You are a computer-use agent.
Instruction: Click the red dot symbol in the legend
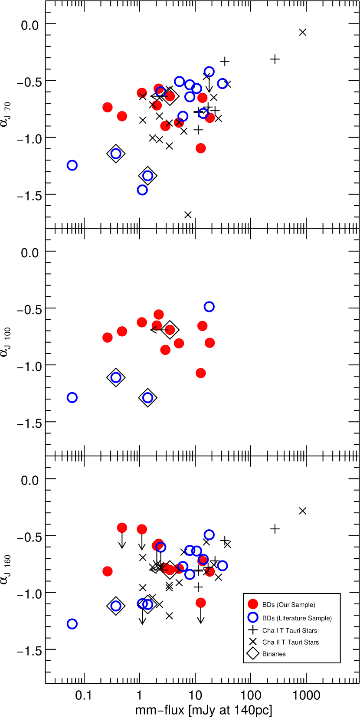(x=253, y=604)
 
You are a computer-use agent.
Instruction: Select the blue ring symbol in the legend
(x=253, y=617)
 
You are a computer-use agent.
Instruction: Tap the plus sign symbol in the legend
(x=253, y=630)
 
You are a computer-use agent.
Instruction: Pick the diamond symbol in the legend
(x=253, y=653)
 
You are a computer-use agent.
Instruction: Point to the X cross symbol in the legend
(x=253, y=642)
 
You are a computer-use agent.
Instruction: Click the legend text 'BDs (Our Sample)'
(x=288, y=605)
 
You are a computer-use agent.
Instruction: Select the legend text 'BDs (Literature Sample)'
(x=297, y=618)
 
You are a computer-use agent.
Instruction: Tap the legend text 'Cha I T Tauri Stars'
(x=289, y=631)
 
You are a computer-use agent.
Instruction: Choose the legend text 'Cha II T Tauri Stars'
(x=290, y=643)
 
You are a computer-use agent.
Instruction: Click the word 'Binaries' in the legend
(x=274, y=654)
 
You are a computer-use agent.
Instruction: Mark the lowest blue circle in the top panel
(x=142, y=190)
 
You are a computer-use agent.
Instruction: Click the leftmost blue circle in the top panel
(x=72, y=165)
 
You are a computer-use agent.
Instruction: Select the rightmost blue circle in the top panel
(x=222, y=83)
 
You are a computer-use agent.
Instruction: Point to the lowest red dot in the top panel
(x=200, y=148)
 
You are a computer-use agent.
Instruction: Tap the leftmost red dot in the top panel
(x=108, y=107)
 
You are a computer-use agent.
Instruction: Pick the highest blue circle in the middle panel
(x=209, y=307)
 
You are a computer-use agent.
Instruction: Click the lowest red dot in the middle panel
(x=200, y=373)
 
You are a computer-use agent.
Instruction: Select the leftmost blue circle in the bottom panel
(x=72, y=624)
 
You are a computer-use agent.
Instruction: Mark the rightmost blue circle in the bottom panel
(x=222, y=566)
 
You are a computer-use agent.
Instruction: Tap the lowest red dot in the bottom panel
(x=200, y=603)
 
